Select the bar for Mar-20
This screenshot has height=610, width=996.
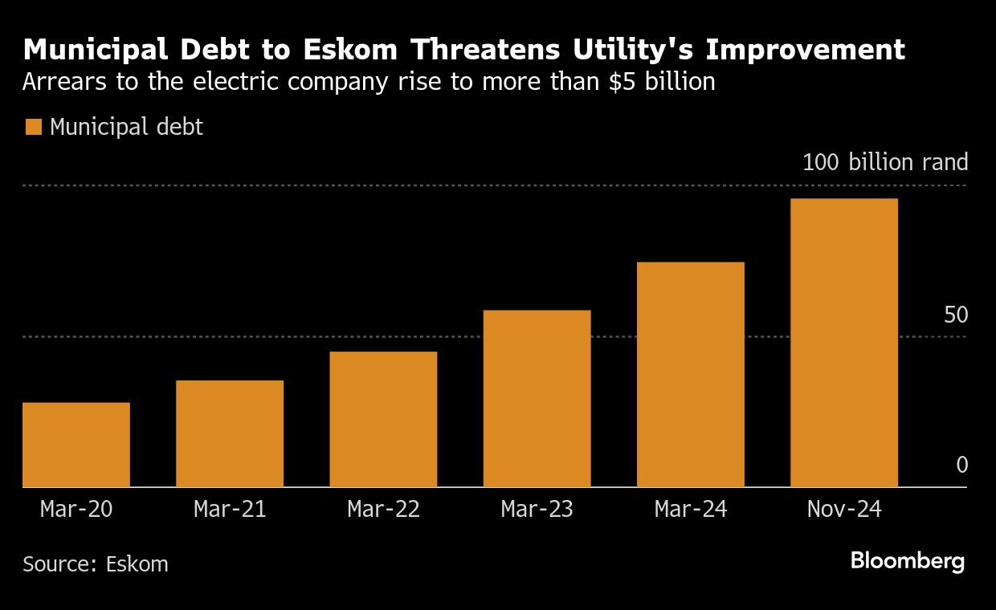[76, 445]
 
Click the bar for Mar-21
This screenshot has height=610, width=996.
[230, 433]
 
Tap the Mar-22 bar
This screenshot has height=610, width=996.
[383, 419]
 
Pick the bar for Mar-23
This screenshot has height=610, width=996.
[537, 398]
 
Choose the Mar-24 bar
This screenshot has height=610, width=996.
[691, 374]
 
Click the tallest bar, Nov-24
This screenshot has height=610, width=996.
[844, 343]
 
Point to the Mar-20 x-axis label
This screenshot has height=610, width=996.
[76, 510]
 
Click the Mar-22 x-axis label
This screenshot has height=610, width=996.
[383, 510]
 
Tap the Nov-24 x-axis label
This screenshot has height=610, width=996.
[844, 510]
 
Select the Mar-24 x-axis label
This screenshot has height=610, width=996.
[691, 510]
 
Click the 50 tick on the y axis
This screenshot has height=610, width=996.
[956, 315]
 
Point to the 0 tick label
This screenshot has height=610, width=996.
[961, 466]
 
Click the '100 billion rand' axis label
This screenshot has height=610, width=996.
[885, 163]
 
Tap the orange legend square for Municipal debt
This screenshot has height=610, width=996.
[34, 127]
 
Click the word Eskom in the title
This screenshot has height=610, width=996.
[352, 50]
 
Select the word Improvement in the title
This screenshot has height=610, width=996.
[806, 50]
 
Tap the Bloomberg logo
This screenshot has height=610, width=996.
[908, 561]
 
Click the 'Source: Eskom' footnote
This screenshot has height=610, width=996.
[96, 564]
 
